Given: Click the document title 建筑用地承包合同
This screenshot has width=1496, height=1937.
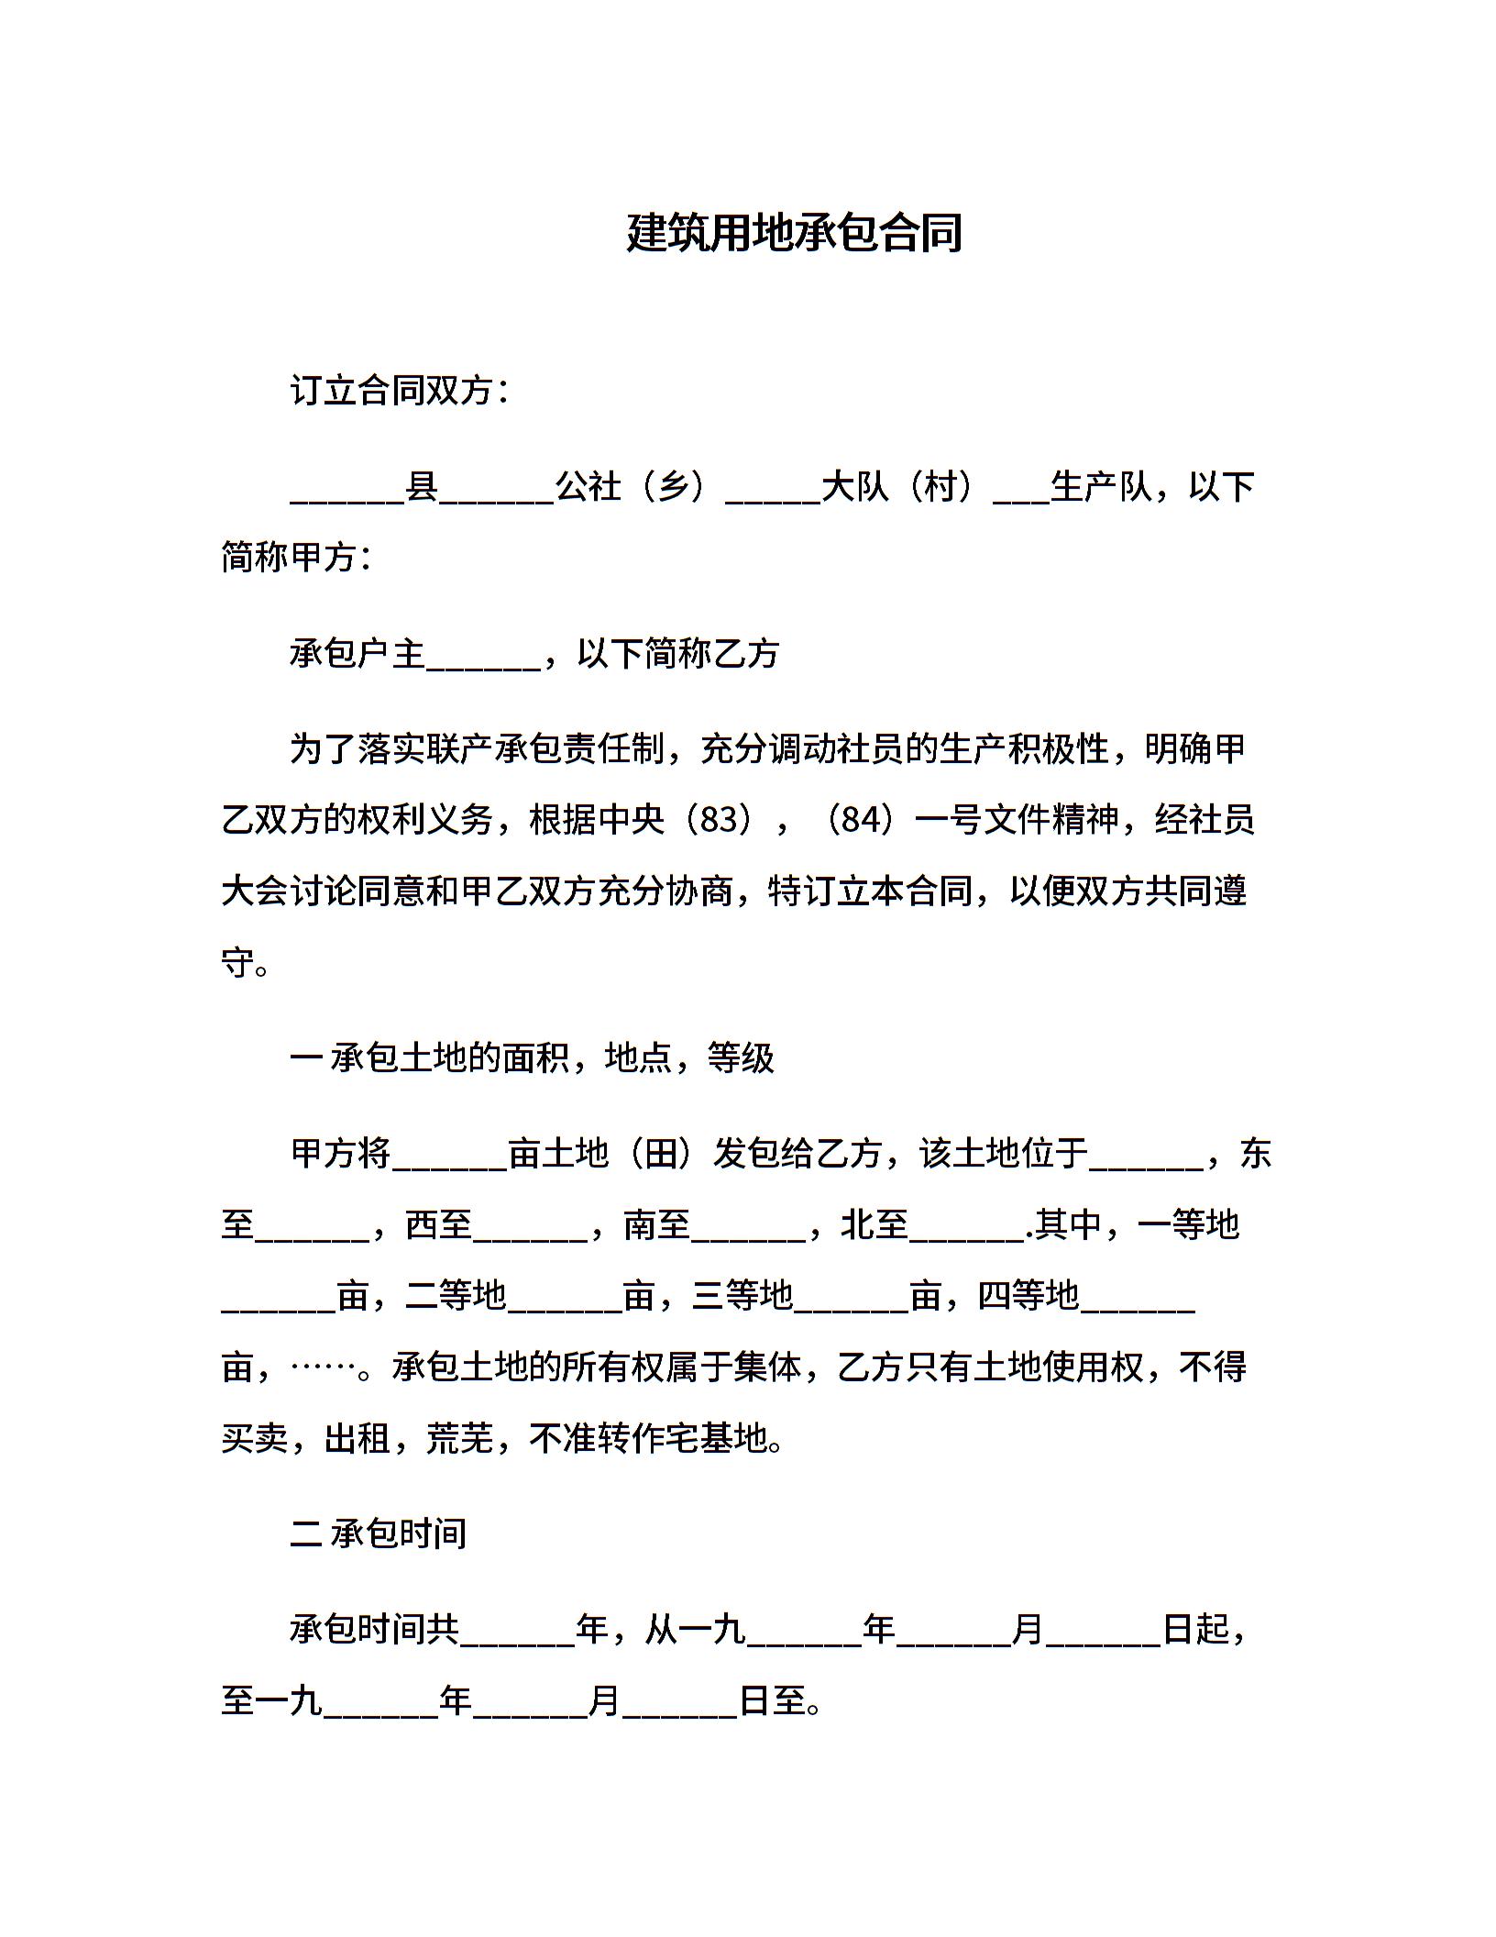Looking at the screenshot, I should coord(794,233).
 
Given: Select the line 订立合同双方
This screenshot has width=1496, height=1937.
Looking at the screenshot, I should coord(399,392).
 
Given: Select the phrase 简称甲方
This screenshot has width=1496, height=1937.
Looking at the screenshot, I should coord(294,557).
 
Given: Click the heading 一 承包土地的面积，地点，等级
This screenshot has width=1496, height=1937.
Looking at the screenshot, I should coord(532,1058).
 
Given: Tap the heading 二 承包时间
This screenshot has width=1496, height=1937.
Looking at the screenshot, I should coord(378,1533).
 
